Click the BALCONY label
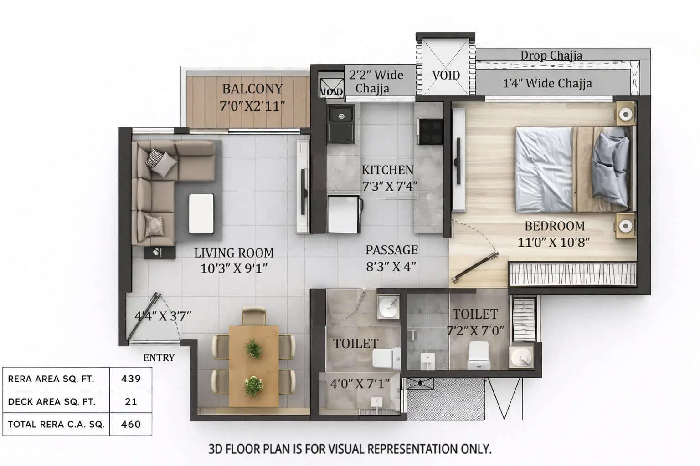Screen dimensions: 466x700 click(252, 88)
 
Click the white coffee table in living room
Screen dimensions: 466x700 click(201, 213)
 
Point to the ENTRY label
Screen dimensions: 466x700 click(159, 358)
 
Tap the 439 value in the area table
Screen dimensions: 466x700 click(131, 379)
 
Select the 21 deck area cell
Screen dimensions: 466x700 click(131, 401)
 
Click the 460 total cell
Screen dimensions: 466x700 click(131, 424)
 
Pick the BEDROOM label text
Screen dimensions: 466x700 click(554, 226)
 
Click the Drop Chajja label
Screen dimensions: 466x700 click(551, 56)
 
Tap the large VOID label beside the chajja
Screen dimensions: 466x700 click(446, 75)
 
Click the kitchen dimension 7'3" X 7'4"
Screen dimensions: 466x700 click(389, 186)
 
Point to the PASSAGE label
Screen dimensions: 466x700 click(391, 250)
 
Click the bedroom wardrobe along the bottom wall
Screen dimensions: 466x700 click(572, 274)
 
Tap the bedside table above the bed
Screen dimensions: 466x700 click(626, 113)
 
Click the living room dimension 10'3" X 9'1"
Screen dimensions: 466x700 click(234, 268)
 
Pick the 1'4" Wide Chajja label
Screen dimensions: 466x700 click(547, 83)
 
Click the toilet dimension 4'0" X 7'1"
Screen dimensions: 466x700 click(360, 384)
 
